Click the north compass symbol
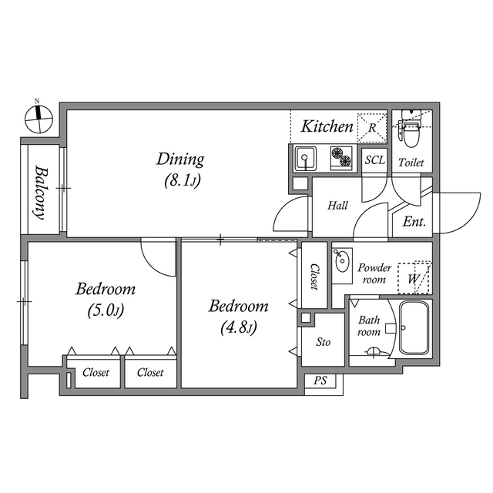38,117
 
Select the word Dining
180,159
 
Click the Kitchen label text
327,126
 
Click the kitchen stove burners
340,159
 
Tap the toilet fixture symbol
411,129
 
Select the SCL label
374,161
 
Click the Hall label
337,206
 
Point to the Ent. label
414,223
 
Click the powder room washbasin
341,261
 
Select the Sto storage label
324,341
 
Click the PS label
320,381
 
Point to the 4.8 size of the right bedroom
239,327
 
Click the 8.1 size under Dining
181,182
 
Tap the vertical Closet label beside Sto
314,277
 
